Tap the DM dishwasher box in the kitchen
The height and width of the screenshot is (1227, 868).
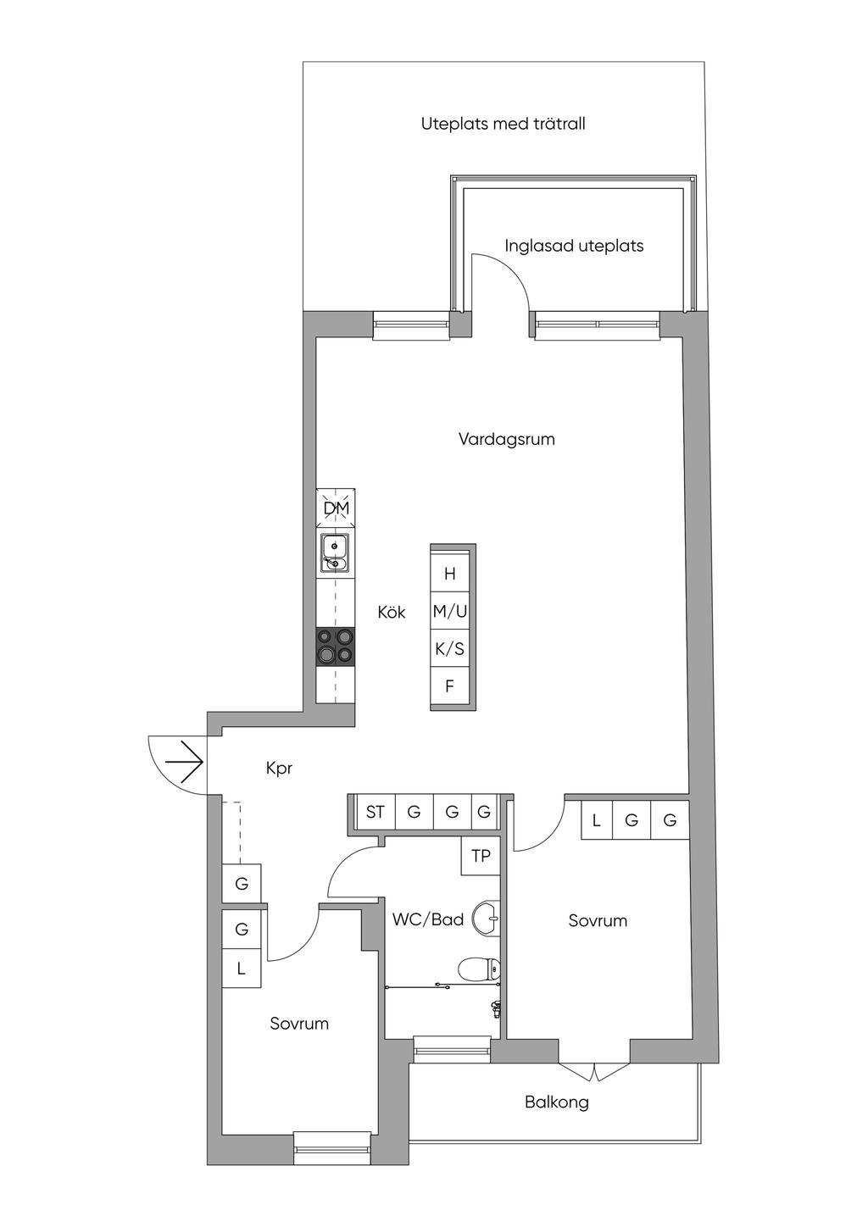[337, 508]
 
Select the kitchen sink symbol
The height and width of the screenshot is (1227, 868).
[336, 552]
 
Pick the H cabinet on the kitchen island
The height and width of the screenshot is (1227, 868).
[450, 574]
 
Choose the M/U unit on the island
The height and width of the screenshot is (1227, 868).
[450, 611]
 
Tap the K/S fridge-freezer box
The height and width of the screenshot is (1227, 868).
[450, 649]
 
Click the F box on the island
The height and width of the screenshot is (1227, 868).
[450, 686]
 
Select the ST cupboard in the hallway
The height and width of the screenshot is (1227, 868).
[375, 812]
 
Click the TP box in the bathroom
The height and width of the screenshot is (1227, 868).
[481, 856]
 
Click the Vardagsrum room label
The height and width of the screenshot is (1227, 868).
[507, 439]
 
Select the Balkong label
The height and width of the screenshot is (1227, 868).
[556, 1102]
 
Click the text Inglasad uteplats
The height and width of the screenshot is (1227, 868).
[574, 246]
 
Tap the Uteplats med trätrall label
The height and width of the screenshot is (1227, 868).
[504, 124]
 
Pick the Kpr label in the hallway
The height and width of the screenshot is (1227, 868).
[279, 768]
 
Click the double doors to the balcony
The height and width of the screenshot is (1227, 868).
[594, 1071]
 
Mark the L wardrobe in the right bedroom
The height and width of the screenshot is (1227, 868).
[597, 820]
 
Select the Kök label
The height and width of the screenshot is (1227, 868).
[392, 612]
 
